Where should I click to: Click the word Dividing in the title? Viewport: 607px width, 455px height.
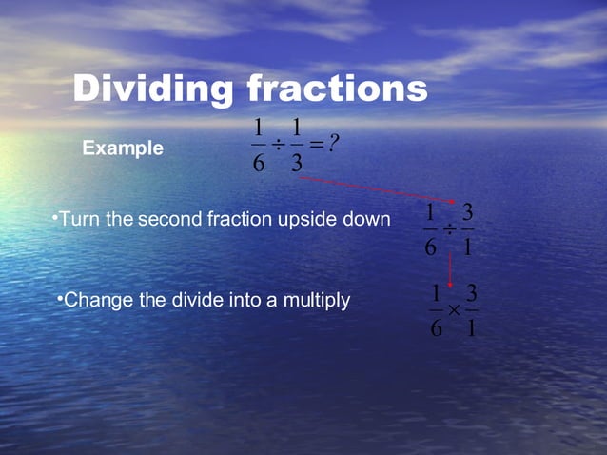click(153, 89)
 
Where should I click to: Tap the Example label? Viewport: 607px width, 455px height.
click(123, 148)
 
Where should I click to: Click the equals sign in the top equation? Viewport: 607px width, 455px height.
click(316, 144)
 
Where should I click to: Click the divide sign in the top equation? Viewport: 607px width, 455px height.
click(278, 145)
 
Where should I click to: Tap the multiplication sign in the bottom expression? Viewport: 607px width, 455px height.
click(454, 309)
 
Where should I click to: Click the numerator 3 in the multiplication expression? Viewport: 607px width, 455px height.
click(472, 291)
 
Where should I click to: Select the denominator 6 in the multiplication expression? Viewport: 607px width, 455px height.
click(436, 329)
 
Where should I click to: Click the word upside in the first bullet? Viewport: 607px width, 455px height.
click(309, 220)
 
